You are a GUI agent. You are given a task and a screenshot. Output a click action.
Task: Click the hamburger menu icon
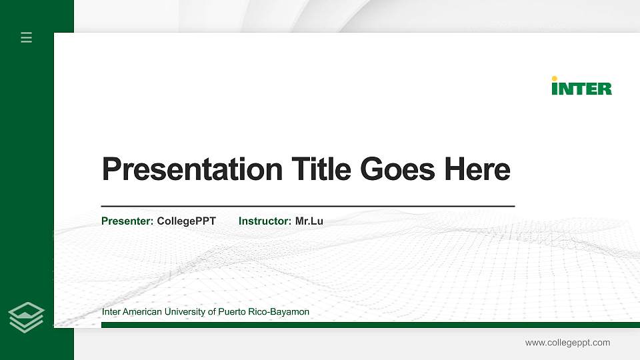point(26,37)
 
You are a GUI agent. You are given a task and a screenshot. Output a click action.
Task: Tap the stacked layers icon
point(26,317)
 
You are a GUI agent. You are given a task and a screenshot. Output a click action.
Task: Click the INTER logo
point(581,86)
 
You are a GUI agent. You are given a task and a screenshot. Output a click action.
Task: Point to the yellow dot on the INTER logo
point(555,78)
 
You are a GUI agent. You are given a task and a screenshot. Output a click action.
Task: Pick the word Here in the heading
point(478,169)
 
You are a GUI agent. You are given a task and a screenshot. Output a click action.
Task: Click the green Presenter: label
point(127,221)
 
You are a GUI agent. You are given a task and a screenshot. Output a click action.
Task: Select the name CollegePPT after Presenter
point(186,221)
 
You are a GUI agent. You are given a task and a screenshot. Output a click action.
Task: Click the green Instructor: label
point(265,221)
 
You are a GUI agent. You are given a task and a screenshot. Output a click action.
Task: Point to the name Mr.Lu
point(309,221)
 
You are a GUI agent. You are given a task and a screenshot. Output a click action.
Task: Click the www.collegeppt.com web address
point(567,343)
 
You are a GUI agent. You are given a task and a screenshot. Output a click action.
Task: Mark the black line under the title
point(307,207)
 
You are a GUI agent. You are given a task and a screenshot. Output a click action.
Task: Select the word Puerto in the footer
point(233,312)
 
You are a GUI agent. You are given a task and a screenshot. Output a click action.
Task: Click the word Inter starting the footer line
point(111,312)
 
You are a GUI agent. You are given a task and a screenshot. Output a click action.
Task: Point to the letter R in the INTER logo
point(604,88)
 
